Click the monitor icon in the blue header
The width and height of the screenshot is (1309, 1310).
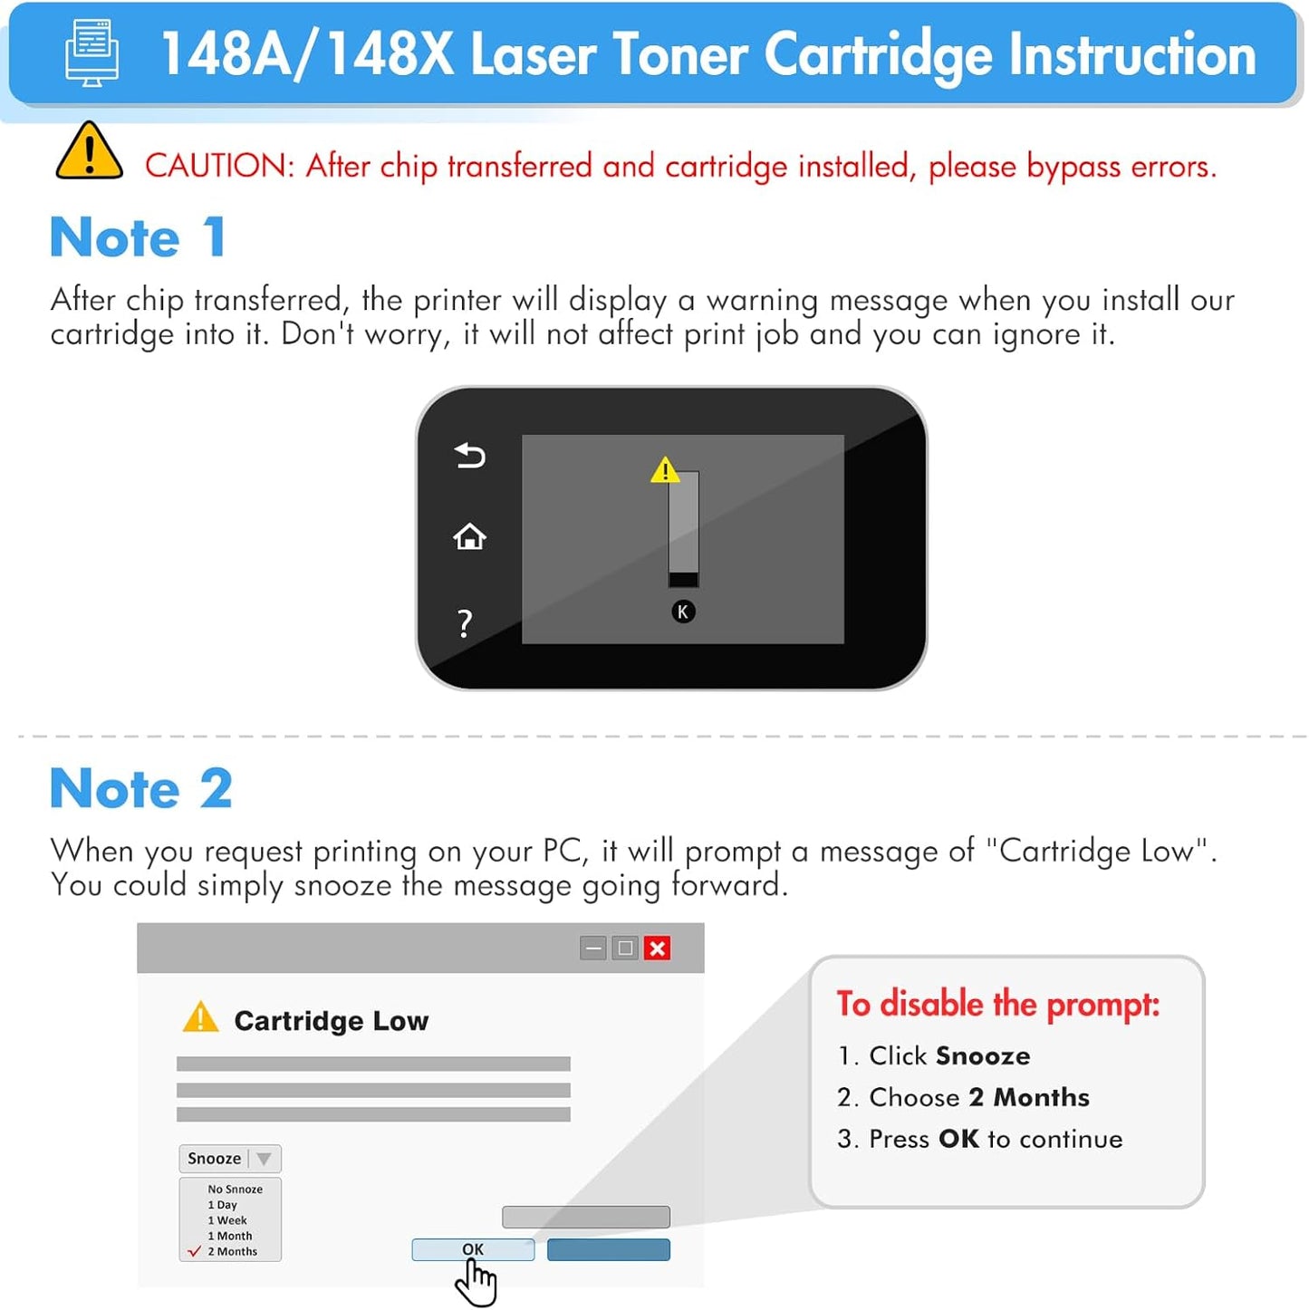coord(92,53)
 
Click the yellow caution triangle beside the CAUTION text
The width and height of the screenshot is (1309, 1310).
coord(89,153)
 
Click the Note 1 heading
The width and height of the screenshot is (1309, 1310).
coord(138,237)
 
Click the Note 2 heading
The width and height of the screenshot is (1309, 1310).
coord(141,788)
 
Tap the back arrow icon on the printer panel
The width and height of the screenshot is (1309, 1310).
coord(470,455)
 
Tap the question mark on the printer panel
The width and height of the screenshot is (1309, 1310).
coord(465,623)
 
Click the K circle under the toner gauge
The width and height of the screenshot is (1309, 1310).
coord(683,612)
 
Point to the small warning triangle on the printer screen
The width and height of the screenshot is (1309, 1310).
coord(665,470)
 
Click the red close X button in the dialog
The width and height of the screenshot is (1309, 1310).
coord(658,949)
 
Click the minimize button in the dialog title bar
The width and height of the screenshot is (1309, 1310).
coord(593,949)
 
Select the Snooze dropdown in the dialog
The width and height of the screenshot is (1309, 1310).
coord(230,1159)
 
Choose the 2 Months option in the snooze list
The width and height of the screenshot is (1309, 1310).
coord(232,1252)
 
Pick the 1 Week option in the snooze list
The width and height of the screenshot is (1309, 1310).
coord(227,1220)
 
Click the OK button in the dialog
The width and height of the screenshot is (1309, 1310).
coord(473,1249)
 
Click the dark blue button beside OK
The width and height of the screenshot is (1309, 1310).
coord(609,1249)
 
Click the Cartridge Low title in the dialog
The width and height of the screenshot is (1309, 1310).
coord(331,1021)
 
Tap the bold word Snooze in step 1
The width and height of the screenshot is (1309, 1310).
coord(983,1056)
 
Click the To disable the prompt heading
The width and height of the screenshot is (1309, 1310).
coord(997,1005)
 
